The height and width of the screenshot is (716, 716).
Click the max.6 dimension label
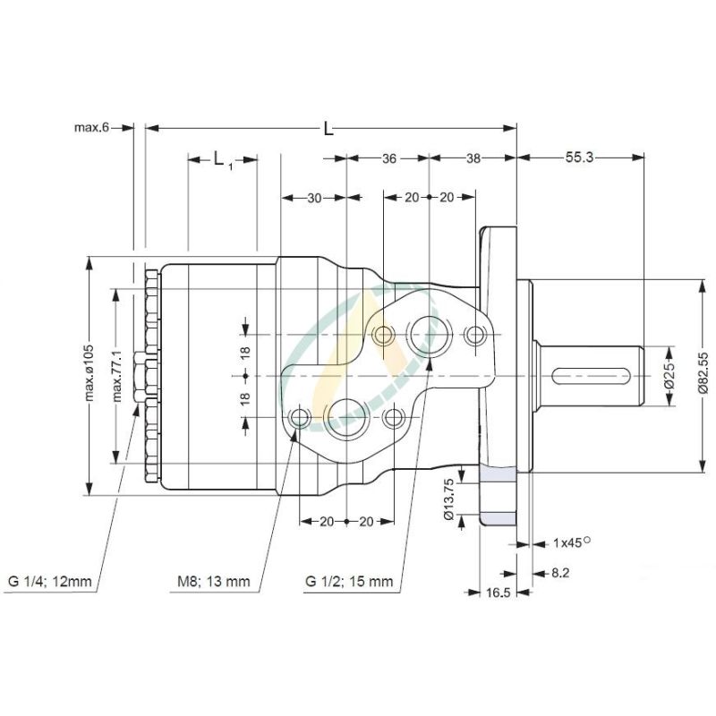click(90, 128)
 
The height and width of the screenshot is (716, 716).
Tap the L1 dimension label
click(222, 159)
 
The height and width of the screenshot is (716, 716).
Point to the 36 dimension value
click(388, 158)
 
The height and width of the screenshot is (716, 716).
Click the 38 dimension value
click(473, 158)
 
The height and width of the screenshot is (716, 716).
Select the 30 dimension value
click(314, 199)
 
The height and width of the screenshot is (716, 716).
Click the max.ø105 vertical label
click(89, 375)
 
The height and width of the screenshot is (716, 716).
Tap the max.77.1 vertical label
click(115, 375)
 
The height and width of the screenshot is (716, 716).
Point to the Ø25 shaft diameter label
click(669, 377)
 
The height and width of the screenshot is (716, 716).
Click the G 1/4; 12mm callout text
click(50, 582)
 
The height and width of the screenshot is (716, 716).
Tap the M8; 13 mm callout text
click(213, 582)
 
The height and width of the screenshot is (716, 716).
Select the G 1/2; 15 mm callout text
click(349, 582)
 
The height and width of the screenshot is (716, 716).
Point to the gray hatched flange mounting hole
click(499, 496)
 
